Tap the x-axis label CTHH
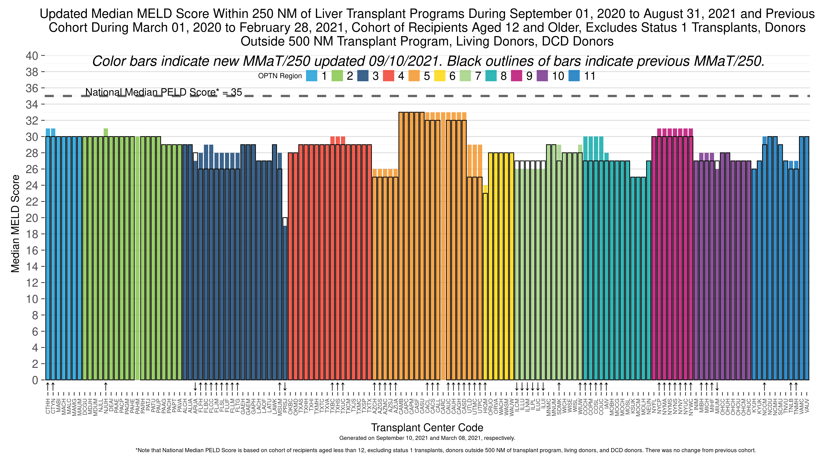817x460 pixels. [48, 406]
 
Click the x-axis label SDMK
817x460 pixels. [559, 406]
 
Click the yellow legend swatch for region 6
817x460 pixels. [440, 76]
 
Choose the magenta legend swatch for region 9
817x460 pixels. [517, 76]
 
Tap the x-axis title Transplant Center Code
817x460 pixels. [427, 428]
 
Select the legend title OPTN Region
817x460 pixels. [280, 76]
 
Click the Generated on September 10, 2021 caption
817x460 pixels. [427, 438]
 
